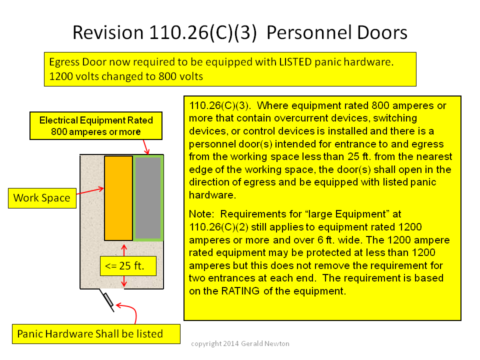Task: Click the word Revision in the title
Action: coord(108,32)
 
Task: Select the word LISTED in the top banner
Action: coord(295,62)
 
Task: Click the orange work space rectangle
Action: coord(118,198)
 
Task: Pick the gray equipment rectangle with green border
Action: coord(148,198)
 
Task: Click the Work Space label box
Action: coord(42,198)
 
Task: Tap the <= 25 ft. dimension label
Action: coord(128,265)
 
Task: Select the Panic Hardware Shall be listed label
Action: coord(96,334)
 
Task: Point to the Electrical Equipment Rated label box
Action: coord(96,126)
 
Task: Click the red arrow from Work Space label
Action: coord(90,191)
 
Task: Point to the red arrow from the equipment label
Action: coord(146,147)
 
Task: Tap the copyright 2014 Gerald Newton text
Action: coord(240,344)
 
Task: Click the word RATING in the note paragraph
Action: coord(240,291)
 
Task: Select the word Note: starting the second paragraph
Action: coord(201,214)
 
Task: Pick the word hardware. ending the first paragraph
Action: coord(212,195)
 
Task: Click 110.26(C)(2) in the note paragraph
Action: coord(218,227)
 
